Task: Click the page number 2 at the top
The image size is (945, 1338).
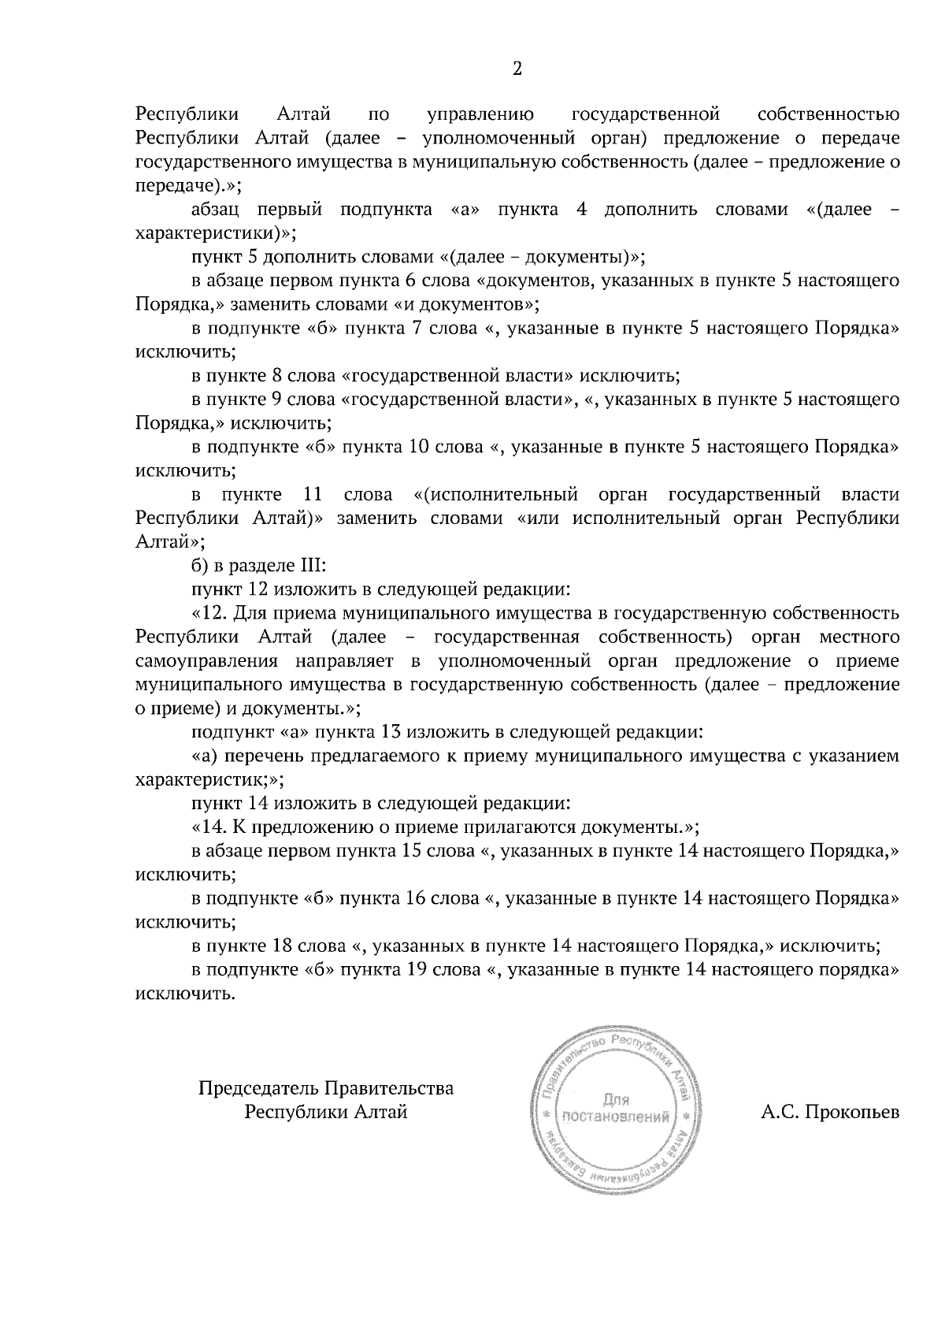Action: (517, 69)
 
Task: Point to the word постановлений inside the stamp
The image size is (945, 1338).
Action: (617, 1117)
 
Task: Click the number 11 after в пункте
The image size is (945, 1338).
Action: (313, 495)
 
